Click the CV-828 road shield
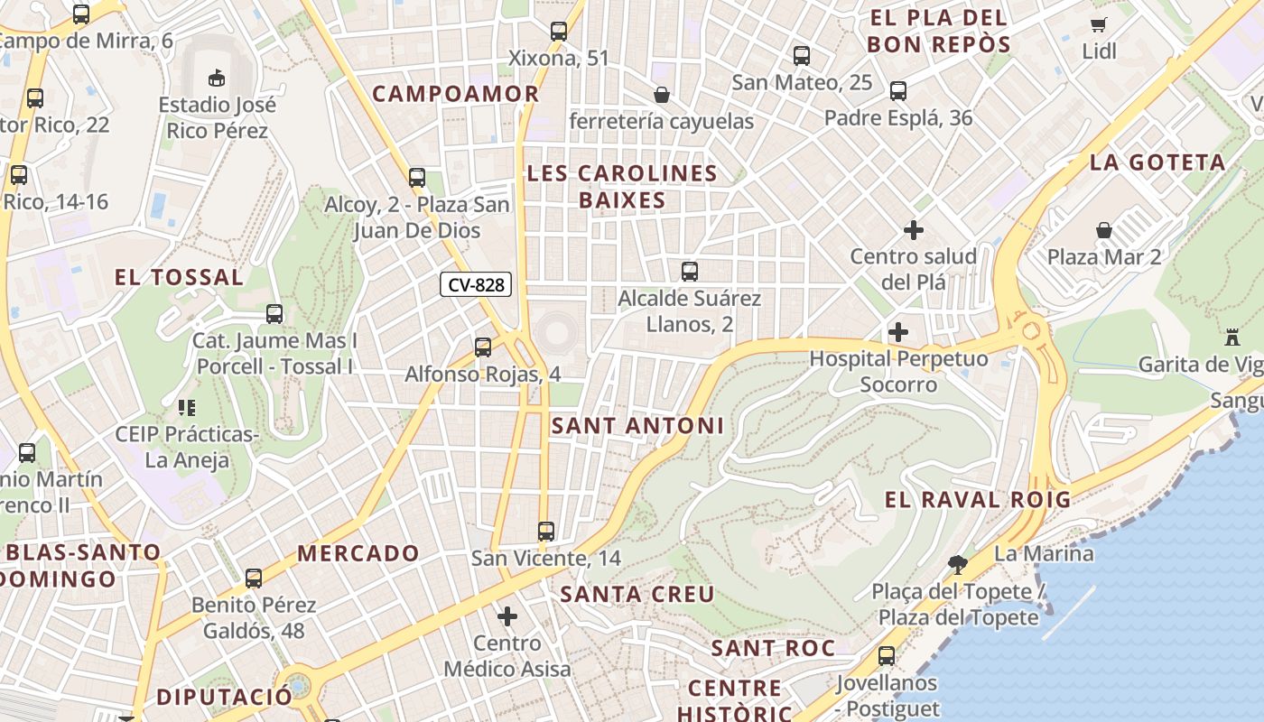[476, 285]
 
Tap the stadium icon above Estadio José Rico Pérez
[217, 78]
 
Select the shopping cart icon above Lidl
[1099, 25]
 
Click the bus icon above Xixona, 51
[559, 32]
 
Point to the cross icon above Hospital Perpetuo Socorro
[897, 332]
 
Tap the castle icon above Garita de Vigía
[1231, 338]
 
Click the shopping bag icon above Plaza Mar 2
[1103, 231]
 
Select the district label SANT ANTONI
[637, 426]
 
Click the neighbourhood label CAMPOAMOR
[455, 94]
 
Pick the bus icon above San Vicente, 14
[545, 531]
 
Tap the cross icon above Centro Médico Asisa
[507, 616]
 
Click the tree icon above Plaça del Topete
[958, 565]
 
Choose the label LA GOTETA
[1157, 162]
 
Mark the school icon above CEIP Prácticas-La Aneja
[187, 408]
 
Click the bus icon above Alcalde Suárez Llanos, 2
[690, 271]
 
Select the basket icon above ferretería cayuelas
[662, 95]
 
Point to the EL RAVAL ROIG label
[977, 499]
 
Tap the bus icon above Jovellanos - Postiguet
[887, 656]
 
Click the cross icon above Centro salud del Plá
[914, 230]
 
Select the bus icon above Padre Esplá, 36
[897, 91]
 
